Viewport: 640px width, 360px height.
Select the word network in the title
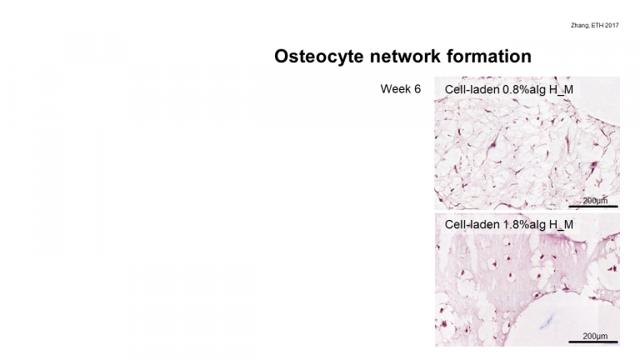(x=405, y=57)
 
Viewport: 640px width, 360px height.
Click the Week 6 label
(x=400, y=89)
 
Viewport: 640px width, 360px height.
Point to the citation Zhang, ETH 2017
(x=595, y=25)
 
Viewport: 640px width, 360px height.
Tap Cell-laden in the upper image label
(x=472, y=89)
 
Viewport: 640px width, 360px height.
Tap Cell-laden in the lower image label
(x=472, y=224)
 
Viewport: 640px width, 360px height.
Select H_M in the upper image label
(x=561, y=90)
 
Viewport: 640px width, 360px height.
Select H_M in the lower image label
(x=561, y=225)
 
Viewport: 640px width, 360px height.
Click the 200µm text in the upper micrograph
(x=595, y=200)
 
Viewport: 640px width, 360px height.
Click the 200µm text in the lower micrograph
(x=595, y=336)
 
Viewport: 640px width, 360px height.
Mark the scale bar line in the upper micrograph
(x=593, y=207)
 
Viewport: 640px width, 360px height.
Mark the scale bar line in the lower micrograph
(x=593, y=342)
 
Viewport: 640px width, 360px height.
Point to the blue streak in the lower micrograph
(x=546, y=322)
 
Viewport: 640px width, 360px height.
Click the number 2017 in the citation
(x=612, y=25)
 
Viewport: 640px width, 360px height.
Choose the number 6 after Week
(x=417, y=89)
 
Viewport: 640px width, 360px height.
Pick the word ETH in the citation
(x=597, y=25)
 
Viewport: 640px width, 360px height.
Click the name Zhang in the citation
(x=580, y=25)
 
